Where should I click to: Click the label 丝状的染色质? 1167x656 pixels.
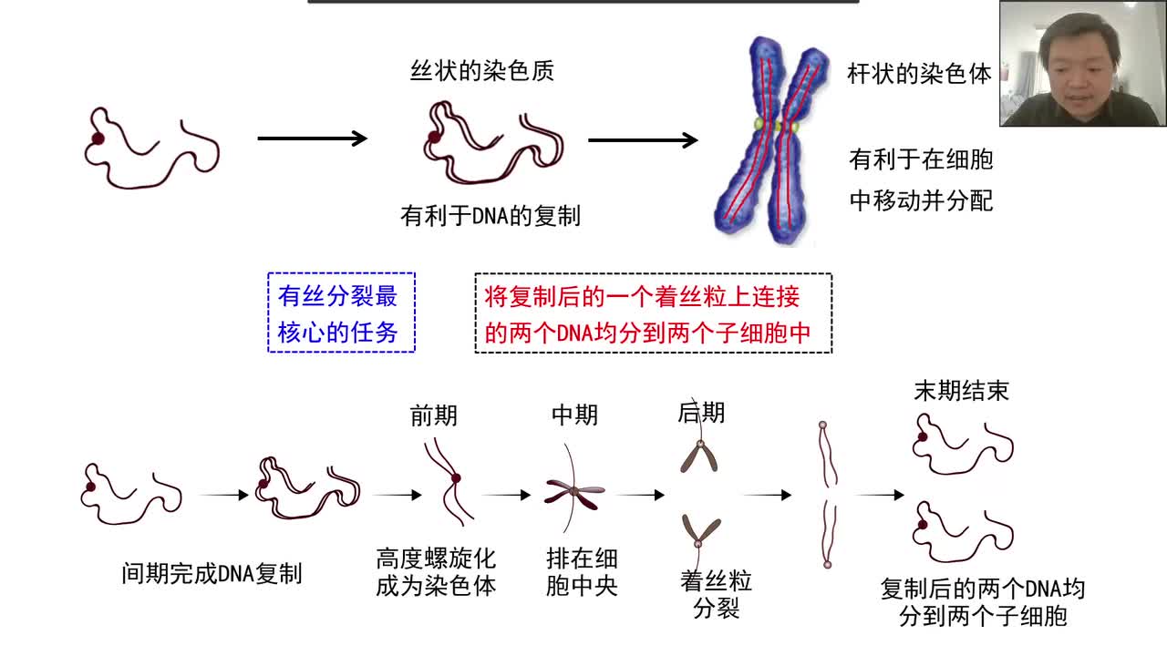[481, 71]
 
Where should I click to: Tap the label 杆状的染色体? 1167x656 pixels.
[918, 74]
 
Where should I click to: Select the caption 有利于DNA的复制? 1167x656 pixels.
[491, 216]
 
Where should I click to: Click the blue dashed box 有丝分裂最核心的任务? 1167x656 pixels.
[341, 313]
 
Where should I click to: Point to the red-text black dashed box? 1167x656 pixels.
[653, 313]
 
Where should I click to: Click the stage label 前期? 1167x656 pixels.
[434, 415]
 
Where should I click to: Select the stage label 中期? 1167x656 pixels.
[574, 415]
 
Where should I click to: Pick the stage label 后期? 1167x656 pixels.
[701, 413]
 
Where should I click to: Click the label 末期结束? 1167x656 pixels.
[961, 391]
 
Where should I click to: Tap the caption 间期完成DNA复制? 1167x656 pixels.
[212, 574]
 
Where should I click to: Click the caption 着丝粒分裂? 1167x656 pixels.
[716, 594]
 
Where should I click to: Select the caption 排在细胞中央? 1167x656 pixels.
[582, 572]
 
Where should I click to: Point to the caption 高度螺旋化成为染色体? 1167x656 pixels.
[436, 572]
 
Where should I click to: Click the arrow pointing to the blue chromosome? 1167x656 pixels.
[643, 139]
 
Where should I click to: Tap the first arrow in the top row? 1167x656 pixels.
[312, 138]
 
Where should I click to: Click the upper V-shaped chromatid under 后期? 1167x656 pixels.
[699, 456]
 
